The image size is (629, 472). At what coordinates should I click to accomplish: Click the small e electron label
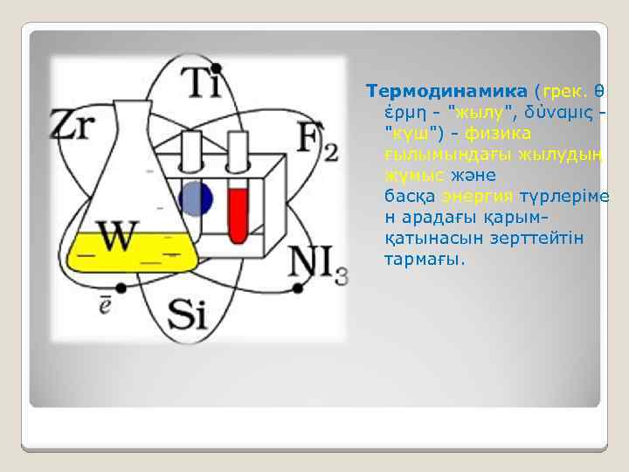(104, 306)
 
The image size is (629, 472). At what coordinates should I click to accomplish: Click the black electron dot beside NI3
(297, 288)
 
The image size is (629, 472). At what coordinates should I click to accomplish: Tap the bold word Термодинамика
(446, 92)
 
